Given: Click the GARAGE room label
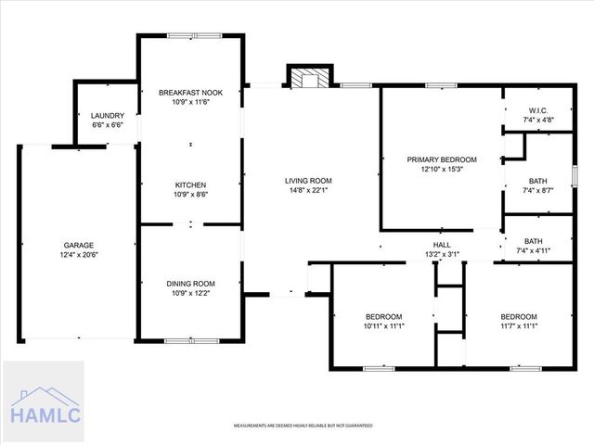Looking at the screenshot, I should click(x=79, y=246).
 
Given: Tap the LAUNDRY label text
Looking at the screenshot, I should click(x=108, y=115).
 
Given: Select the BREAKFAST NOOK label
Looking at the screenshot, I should click(x=190, y=93).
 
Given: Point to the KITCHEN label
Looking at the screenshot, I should click(x=190, y=184).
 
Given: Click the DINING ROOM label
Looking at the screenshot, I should click(x=190, y=284).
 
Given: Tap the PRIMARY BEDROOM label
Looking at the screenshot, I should click(x=442, y=159).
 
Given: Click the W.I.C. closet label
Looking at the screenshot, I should click(x=537, y=110).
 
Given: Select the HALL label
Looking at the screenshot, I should click(x=442, y=245).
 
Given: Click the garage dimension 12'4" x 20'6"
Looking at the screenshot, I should click(x=79, y=255).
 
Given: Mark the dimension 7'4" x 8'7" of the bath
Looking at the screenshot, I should click(x=537, y=190).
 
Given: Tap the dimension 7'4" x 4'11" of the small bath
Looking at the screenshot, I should click(x=537, y=250).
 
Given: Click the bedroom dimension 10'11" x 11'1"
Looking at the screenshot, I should click(x=383, y=325).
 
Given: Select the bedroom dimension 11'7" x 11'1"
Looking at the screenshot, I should click(x=518, y=325).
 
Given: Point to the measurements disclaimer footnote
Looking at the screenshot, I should click(x=303, y=426).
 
